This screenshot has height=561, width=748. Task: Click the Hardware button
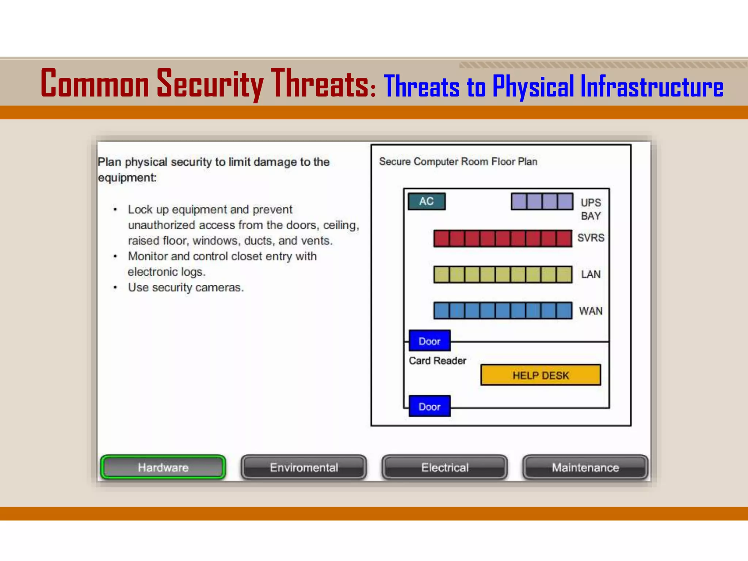pyautogui.click(x=163, y=467)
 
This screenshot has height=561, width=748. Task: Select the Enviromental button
pyautogui.click(x=304, y=467)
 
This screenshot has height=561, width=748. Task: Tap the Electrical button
pyautogui.click(x=444, y=467)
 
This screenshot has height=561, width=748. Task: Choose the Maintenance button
pyautogui.click(x=585, y=467)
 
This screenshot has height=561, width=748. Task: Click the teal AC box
pyautogui.click(x=427, y=201)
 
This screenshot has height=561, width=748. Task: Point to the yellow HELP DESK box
pyautogui.click(x=541, y=375)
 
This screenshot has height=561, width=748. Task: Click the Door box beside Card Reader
pyautogui.click(x=430, y=341)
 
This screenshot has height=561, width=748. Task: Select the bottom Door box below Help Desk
pyautogui.click(x=430, y=406)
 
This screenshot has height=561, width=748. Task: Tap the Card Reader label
pyautogui.click(x=437, y=360)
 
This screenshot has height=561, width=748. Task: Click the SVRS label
pyautogui.click(x=591, y=238)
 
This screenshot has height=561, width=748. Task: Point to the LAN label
pyautogui.click(x=591, y=274)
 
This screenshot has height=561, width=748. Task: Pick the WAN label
pyautogui.click(x=591, y=311)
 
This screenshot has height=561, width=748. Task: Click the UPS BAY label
pyautogui.click(x=591, y=209)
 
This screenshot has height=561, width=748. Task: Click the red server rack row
pyautogui.click(x=503, y=238)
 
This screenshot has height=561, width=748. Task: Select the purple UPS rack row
pyautogui.click(x=542, y=201)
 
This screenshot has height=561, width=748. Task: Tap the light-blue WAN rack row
pyautogui.click(x=503, y=310)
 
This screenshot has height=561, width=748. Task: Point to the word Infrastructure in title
pyautogui.click(x=652, y=86)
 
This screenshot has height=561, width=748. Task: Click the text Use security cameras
pyautogui.click(x=186, y=287)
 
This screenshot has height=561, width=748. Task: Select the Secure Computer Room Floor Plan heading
pyautogui.click(x=458, y=161)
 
